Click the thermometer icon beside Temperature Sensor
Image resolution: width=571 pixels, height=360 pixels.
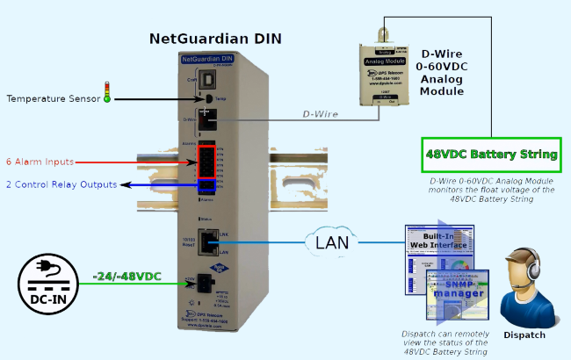point(108,93)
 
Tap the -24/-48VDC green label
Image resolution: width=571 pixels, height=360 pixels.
point(126,277)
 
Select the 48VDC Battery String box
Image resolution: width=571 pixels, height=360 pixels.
point(491,155)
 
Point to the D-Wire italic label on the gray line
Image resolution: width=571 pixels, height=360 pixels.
point(321,113)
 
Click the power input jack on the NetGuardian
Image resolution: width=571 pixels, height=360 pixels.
point(206,281)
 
